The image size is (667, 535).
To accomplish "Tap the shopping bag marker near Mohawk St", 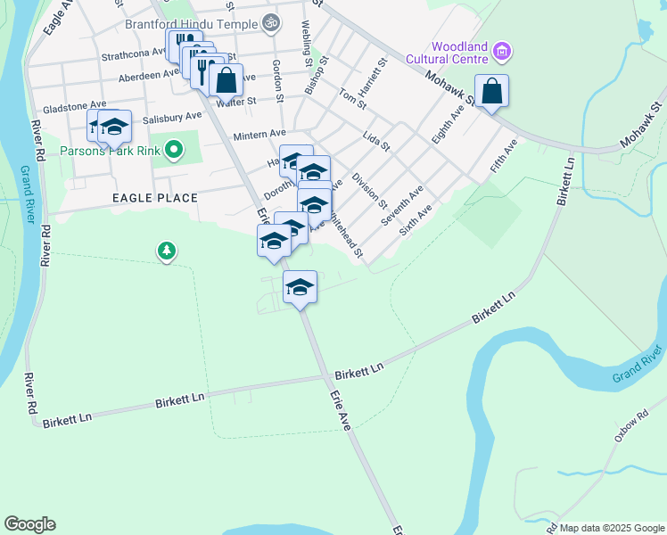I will click(x=491, y=91).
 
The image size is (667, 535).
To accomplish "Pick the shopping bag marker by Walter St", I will click(x=227, y=80).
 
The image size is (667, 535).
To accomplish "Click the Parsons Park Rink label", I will click(x=111, y=151).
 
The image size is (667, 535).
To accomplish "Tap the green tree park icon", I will click(x=166, y=251).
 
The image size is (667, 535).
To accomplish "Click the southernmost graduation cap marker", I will click(x=301, y=288).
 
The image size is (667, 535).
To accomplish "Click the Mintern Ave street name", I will click(x=259, y=135).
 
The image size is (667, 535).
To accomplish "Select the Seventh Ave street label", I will click(x=403, y=206).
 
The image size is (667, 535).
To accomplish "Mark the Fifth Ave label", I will click(x=504, y=157).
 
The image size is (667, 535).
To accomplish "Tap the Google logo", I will click(x=29, y=524).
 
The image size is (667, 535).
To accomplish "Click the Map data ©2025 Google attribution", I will click(x=611, y=528).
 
